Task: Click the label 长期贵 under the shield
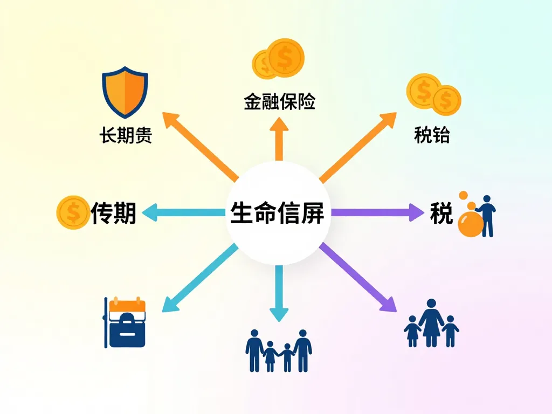pos(126,135)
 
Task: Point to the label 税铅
pos(431,135)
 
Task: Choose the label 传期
pos(113,212)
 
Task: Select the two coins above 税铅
pos(433,95)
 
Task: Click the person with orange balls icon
pos(477,216)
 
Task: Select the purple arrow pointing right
pos(377,212)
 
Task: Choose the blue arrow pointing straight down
pos(279,294)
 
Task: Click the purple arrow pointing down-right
pos(358,278)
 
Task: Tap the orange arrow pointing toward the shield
pos(199,146)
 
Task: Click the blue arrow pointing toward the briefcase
pos(199,279)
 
